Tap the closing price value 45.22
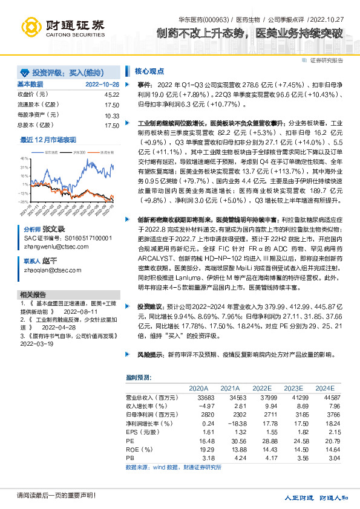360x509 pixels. [x=111, y=95]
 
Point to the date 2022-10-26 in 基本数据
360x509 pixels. [x=102, y=85]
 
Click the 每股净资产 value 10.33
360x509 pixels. [x=111, y=115]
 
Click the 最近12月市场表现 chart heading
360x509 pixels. [x=48, y=140]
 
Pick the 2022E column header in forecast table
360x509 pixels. [x=261, y=388]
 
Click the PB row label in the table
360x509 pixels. [x=129, y=459]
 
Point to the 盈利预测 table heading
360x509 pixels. [x=138, y=377]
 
